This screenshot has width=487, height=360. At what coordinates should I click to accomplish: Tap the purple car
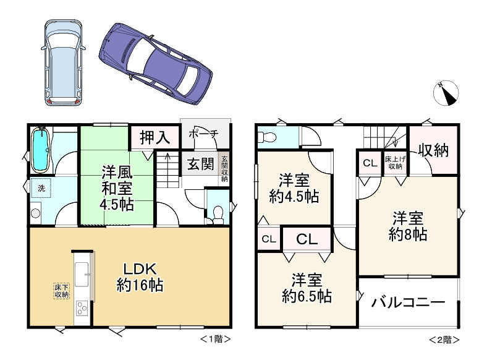(156, 64)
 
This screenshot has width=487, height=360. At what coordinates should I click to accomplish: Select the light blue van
(64, 62)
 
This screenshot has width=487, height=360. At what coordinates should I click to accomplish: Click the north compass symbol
(446, 93)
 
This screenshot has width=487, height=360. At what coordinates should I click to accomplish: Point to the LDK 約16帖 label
(140, 277)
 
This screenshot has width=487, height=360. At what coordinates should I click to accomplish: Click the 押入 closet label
(155, 137)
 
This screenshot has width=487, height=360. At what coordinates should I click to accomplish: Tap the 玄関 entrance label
(201, 164)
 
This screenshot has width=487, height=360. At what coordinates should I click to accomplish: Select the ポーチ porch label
(203, 134)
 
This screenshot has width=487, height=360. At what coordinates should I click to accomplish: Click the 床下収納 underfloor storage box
(62, 291)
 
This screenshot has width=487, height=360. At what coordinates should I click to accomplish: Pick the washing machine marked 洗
(41, 188)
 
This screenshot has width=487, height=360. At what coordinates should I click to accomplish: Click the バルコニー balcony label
(409, 302)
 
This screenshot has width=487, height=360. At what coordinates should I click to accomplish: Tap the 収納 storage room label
(433, 150)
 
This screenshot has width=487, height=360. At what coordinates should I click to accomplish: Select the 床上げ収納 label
(395, 163)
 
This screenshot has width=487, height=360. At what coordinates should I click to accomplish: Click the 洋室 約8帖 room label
(408, 226)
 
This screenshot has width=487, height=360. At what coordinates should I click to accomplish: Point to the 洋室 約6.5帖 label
(307, 288)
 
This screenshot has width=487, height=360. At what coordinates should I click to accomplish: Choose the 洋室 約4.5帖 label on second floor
(294, 189)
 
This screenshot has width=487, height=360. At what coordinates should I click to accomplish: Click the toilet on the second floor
(267, 137)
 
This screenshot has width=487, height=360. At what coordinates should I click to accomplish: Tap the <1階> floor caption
(215, 339)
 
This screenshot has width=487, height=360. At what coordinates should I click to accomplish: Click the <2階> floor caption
(444, 340)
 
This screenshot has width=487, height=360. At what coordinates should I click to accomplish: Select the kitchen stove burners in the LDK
(82, 309)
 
